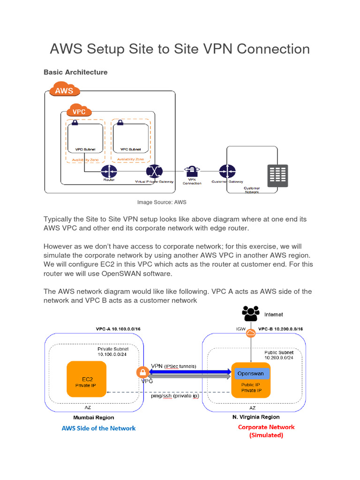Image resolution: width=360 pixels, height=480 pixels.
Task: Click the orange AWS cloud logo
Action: tap(64, 90)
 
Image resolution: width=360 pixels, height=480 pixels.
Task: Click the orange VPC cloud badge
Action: tap(78, 112)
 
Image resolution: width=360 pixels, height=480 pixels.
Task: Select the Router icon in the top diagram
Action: tap(108, 171)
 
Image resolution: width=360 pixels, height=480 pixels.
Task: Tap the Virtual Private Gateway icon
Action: tap(154, 172)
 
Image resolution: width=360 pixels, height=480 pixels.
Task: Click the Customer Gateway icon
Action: tap(227, 171)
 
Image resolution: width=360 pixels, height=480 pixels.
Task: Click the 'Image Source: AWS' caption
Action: tap(162, 202)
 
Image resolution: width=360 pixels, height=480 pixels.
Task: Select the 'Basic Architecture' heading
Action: tap(75, 72)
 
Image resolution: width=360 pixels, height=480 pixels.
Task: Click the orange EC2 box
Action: tap(86, 379)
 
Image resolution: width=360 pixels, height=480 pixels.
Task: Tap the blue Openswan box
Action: tap(251, 374)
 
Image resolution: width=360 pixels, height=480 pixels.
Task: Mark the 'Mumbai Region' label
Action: tap(93, 417)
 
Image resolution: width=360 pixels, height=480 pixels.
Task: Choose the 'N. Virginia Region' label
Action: tap(256, 417)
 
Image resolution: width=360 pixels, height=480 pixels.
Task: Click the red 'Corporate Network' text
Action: tap(266, 427)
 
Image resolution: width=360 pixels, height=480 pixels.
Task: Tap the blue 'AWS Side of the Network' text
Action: tap(98, 428)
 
